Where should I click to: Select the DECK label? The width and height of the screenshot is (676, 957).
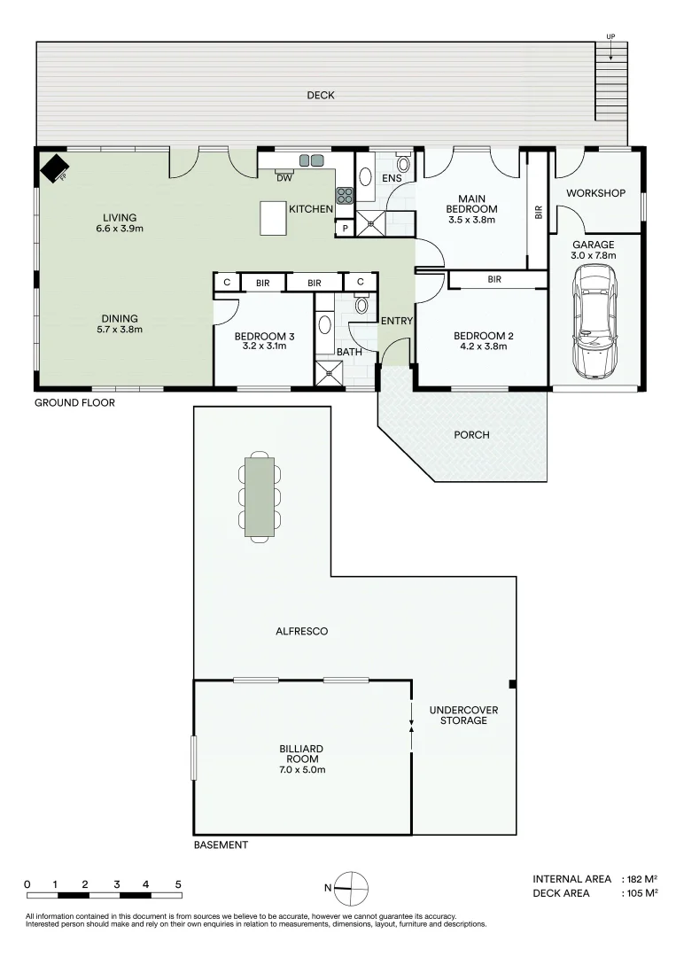[x=320, y=96]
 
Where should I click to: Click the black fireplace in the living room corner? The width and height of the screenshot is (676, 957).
[x=55, y=167]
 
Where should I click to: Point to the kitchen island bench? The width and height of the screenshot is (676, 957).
[x=273, y=218]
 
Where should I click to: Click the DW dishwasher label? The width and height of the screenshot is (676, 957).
[x=284, y=178]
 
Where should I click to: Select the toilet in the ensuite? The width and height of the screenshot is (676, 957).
[x=403, y=163]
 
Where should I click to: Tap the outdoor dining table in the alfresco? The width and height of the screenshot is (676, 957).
[x=260, y=495]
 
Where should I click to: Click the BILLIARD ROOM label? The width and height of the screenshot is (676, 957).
[x=302, y=759]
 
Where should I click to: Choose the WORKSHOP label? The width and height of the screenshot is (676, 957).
[x=595, y=193]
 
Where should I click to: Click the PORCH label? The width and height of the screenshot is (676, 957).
[x=470, y=435]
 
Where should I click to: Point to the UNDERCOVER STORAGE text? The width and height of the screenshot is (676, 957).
[x=463, y=715]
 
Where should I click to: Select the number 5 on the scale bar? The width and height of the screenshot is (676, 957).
[x=178, y=884]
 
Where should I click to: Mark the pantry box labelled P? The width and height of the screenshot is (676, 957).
[x=344, y=229]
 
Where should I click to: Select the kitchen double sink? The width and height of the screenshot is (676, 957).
[x=311, y=160]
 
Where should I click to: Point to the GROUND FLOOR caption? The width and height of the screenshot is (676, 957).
[x=74, y=402]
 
